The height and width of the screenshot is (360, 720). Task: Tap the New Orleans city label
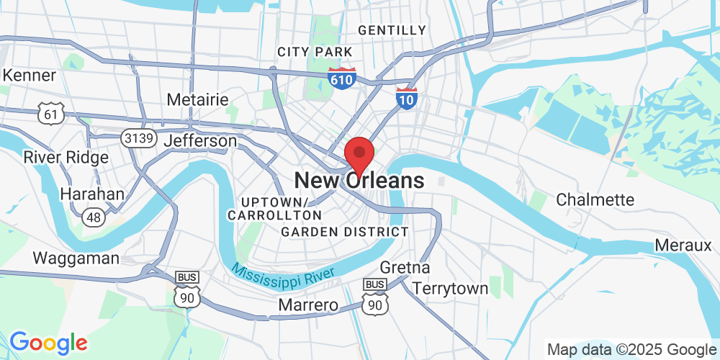pyautogui.click(x=359, y=181)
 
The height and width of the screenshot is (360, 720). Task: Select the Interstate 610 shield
pyautogui.click(x=341, y=78)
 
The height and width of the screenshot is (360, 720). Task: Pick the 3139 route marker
pyautogui.click(x=139, y=138)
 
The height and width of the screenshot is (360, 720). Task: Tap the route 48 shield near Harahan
pyautogui.click(x=92, y=216)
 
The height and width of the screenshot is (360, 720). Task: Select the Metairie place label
pyautogui.click(x=197, y=99)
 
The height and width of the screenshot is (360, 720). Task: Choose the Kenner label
pyautogui.click(x=30, y=75)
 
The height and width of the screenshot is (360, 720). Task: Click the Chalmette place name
pyautogui.click(x=595, y=199)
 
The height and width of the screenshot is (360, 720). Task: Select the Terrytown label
pyautogui.click(x=451, y=289)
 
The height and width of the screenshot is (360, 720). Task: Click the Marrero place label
pyautogui.click(x=308, y=305)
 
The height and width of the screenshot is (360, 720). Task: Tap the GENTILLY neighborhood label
pyautogui.click(x=392, y=30)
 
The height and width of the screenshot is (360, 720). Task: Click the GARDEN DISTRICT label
pyautogui.click(x=345, y=232)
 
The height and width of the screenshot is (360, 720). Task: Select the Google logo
pyautogui.click(x=48, y=342)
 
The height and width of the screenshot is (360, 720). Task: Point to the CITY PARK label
pyautogui.click(x=315, y=52)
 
